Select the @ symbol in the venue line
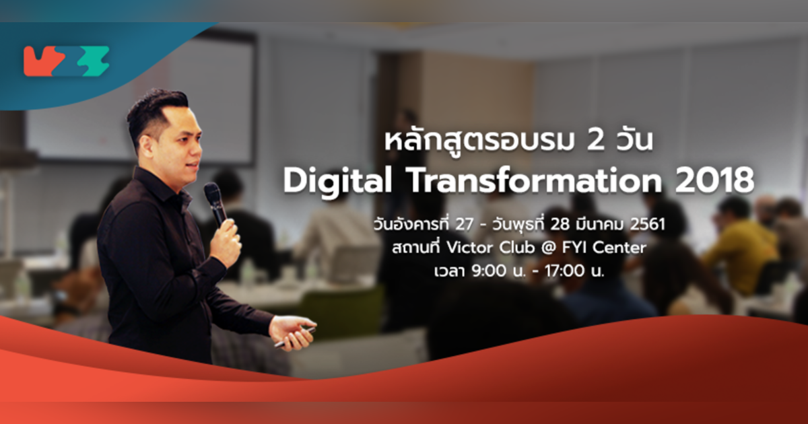pyautogui.click(x=564, y=248)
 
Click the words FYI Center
pyautogui.click(x=609, y=248)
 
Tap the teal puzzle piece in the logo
pyautogui.click(x=91, y=62)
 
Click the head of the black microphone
pyautogui.click(x=213, y=195)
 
